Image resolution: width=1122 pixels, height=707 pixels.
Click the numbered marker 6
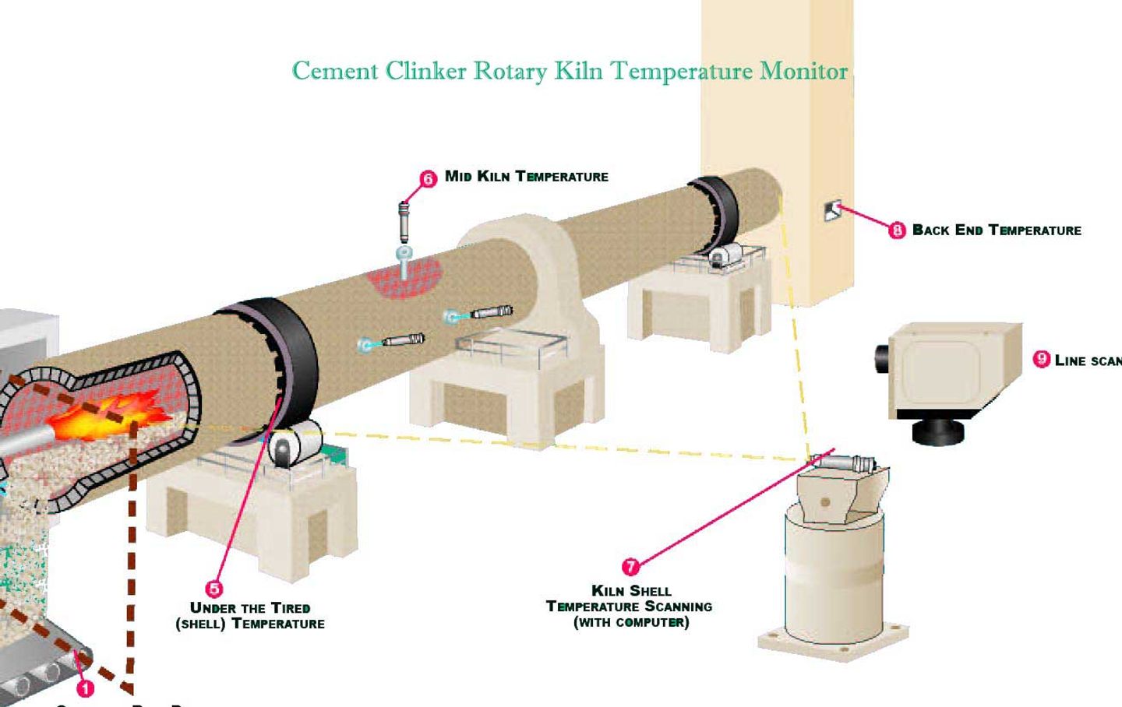coord(428,179)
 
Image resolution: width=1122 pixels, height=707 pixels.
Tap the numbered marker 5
coord(213,589)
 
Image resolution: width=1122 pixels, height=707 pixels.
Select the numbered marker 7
coord(630,567)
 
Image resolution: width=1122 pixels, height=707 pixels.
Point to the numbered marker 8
coord(897,230)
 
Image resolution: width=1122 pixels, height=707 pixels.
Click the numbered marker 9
coord(1041,359)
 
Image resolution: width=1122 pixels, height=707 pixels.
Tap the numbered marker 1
coord(85,688)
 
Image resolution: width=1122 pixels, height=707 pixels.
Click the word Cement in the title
coord(335,71)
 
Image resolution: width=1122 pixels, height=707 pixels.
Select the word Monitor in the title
coord(803,71)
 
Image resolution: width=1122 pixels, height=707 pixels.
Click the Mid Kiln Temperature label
coord(526,177)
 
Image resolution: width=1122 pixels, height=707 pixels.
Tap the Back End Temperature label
coord(997,230)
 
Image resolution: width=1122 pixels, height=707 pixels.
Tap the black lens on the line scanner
coord(883,359)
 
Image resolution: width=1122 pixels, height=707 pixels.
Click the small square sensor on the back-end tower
coord(832,210)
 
